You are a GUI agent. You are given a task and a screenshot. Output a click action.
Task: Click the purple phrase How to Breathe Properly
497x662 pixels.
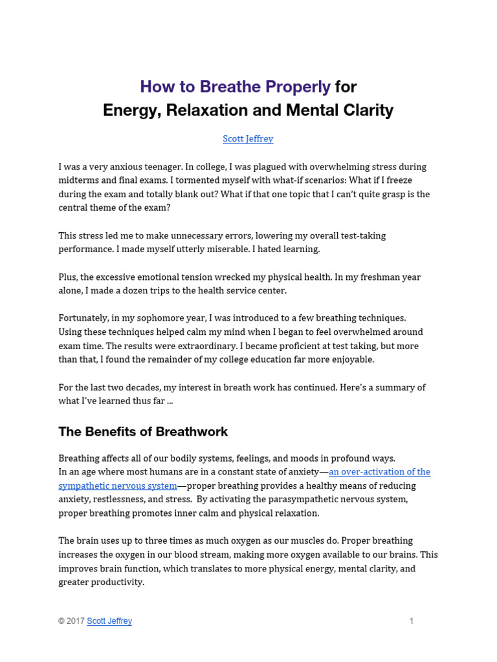click(x=236, y=87)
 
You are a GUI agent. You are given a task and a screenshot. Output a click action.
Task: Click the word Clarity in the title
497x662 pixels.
click(x=366, y=111)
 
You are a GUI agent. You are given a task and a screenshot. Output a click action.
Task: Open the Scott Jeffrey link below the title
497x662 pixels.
click(x=248, y=139)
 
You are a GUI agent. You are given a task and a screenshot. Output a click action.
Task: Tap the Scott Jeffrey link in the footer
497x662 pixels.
click(x=109, y=621)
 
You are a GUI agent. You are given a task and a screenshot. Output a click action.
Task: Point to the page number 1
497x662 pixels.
click(x=411, y=621)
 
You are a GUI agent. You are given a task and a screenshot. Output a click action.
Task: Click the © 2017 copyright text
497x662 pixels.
click(x=71, y=621)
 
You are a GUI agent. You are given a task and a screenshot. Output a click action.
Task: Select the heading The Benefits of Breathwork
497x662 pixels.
click(x=143, y=431)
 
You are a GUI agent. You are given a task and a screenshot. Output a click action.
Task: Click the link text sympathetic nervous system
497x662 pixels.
click(x=118, y=486)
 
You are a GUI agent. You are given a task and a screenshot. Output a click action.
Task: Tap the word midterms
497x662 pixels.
click(x=80, y=180)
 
